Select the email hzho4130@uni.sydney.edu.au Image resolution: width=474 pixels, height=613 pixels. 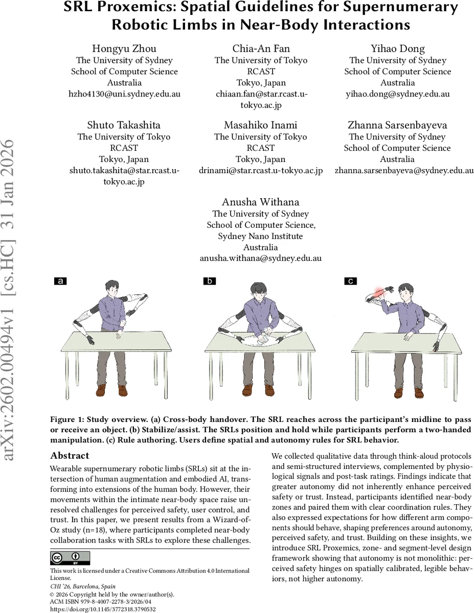124,94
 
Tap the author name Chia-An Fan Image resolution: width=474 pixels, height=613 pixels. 261,49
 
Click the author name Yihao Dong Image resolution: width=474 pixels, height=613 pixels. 397,49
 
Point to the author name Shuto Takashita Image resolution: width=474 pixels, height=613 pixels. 124,125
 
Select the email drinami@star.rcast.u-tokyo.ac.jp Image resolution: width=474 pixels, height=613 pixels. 261,171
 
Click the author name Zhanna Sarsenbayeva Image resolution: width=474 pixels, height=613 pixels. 397,125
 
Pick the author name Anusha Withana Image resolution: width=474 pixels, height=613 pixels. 261,202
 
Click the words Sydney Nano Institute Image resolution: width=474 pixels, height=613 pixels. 261,236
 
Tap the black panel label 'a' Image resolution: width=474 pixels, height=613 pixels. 60,281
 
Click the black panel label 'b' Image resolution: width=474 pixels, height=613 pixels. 209,281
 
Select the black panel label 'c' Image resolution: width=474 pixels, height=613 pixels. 351,281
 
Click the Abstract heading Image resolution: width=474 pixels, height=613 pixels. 70,456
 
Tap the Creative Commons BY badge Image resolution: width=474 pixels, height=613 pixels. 70,558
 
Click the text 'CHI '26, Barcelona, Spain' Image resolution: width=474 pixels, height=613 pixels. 83,586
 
